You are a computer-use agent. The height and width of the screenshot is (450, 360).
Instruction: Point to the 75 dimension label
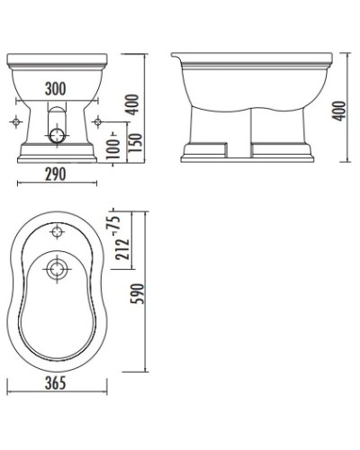[116, 222]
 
